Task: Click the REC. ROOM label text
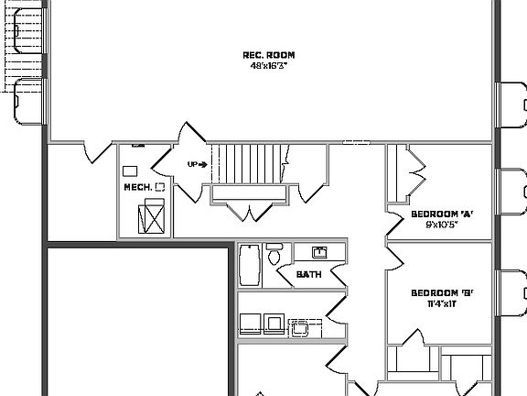click(x=270, y=55)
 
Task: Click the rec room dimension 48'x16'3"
click(x=270, y=66)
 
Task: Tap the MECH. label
click(x=137, y=187)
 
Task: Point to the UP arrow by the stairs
click(x=197, y=165)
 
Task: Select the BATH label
click(x=308, y=273)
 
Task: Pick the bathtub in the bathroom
click(x=248, y=265)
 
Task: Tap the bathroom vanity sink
click(x=319, y=252)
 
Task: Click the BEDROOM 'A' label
click(x=441, y=214)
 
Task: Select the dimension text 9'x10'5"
click(x=441, y=225)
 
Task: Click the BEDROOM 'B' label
click(x=441, y=293)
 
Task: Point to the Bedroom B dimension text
click(x=441, y=304)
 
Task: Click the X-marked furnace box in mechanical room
click(x=151, y=219)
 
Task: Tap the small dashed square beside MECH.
click(x=160, y=186)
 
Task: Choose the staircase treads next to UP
click(x=242, y=164)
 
